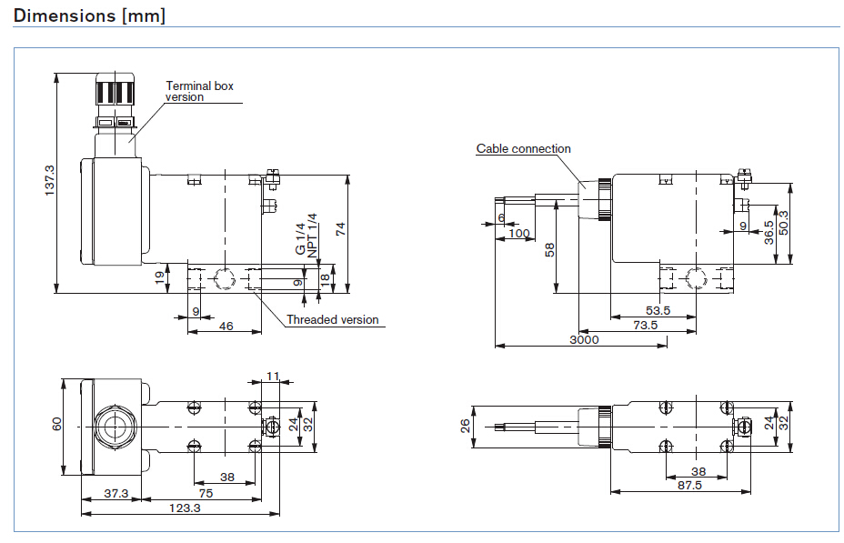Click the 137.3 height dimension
click(49, 180)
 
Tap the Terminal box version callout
click(199, 91)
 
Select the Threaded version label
click(333, 319)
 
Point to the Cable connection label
click(523, 148)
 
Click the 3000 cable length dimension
click(584, 339)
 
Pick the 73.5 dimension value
click(646, 325)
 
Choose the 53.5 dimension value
click(658, 310)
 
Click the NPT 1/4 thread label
click(312, 236)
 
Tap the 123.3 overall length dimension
click(185, 508)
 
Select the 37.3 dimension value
click(116, 494)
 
